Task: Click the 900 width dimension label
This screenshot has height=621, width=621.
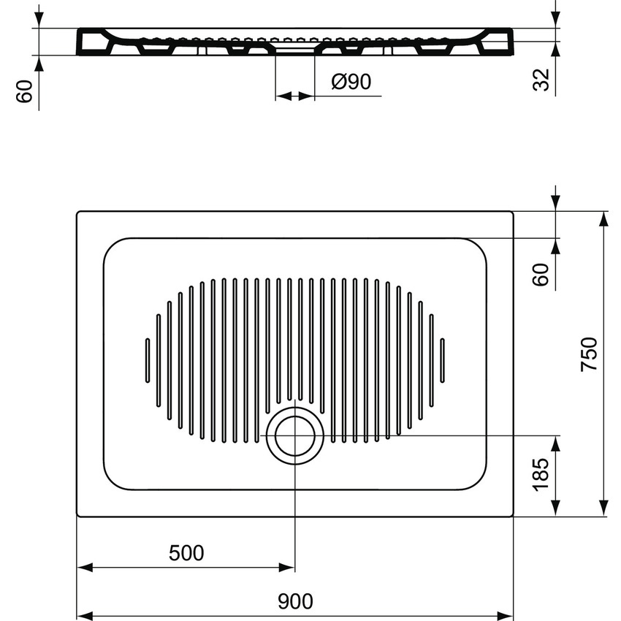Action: (295, 601)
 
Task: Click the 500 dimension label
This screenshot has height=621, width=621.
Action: (186, 553)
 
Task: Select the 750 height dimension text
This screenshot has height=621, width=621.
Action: (590, 354)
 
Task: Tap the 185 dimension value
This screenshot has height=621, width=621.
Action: (541, 476)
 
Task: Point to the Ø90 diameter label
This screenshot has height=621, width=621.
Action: (351, 82)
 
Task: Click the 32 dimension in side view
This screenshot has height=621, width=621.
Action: (541, 79)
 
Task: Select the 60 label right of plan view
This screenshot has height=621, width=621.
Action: (541, 274)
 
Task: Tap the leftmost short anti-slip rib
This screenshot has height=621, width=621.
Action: (148, 359)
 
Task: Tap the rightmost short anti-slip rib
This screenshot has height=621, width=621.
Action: (442, 359)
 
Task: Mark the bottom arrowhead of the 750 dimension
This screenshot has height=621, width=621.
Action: (603, 509)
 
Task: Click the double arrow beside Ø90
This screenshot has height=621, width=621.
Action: (294, 96)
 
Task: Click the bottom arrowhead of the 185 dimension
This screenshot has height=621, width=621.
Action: (557, 509)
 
